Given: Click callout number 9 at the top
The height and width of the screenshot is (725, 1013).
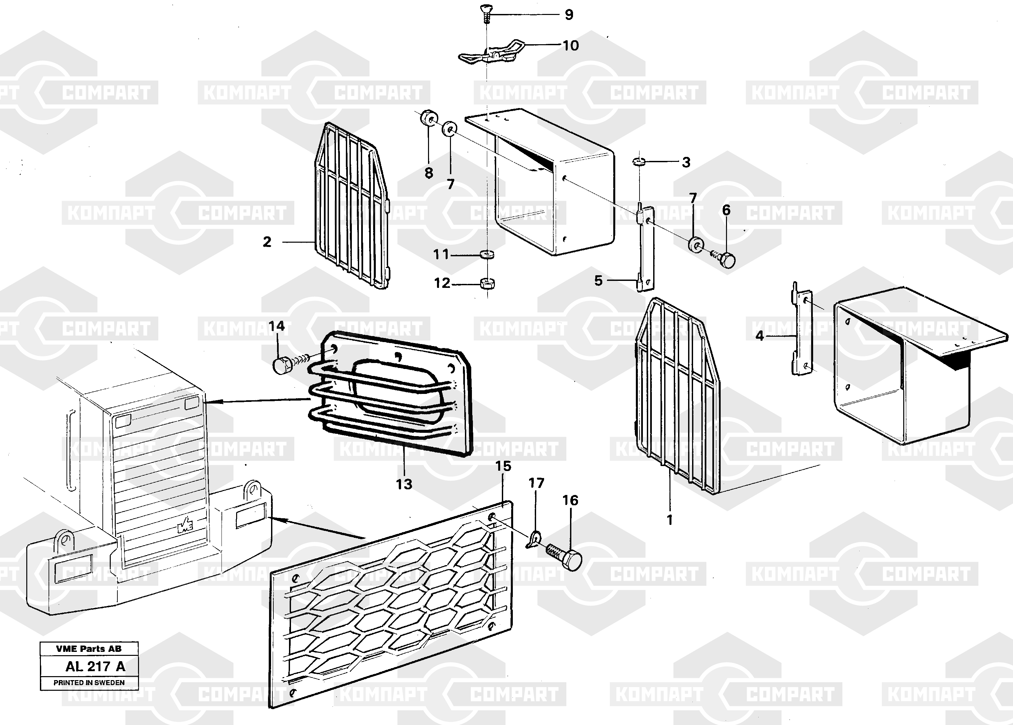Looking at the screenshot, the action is click(569, 15).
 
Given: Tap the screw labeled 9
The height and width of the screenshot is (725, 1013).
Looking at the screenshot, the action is click(486, 13).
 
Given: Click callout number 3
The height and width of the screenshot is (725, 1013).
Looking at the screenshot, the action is click(686, 162).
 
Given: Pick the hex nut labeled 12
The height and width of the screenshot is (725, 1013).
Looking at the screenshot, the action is click(487, 283).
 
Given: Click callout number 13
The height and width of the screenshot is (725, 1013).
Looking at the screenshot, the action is click(404, 484).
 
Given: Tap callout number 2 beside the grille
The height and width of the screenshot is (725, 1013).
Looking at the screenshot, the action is click(267, 242).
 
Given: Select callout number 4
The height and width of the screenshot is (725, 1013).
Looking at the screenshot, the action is click(760, 335).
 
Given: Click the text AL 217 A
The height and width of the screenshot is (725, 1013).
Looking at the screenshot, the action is click(95, 666).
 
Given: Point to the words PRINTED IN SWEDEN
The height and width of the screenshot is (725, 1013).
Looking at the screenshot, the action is click(89, 682).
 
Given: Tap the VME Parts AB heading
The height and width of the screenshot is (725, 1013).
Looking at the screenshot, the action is click(88, 649).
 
